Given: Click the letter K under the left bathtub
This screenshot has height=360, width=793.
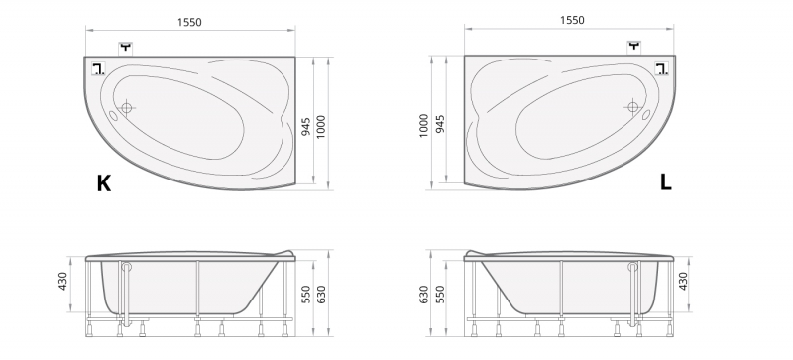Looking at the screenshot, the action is click(104, 183).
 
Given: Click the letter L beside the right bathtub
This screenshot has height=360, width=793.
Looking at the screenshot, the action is click(666, 182).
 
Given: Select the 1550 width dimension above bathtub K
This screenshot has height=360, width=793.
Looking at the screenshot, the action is click(189, 22).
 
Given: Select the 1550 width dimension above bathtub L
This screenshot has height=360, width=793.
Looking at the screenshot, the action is click(572, 20).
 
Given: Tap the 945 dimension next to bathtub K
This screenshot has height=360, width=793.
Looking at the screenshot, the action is click(306, 125).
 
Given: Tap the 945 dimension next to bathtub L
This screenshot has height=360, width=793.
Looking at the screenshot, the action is click(440, 125).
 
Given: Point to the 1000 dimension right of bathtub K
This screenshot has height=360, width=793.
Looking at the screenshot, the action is click(320, 127).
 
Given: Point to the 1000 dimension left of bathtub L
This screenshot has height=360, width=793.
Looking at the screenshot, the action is click(424, 126).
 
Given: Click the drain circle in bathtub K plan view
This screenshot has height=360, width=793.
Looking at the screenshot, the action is click(127, 107).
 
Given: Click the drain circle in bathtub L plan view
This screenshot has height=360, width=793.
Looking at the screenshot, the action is click(632, 107).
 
